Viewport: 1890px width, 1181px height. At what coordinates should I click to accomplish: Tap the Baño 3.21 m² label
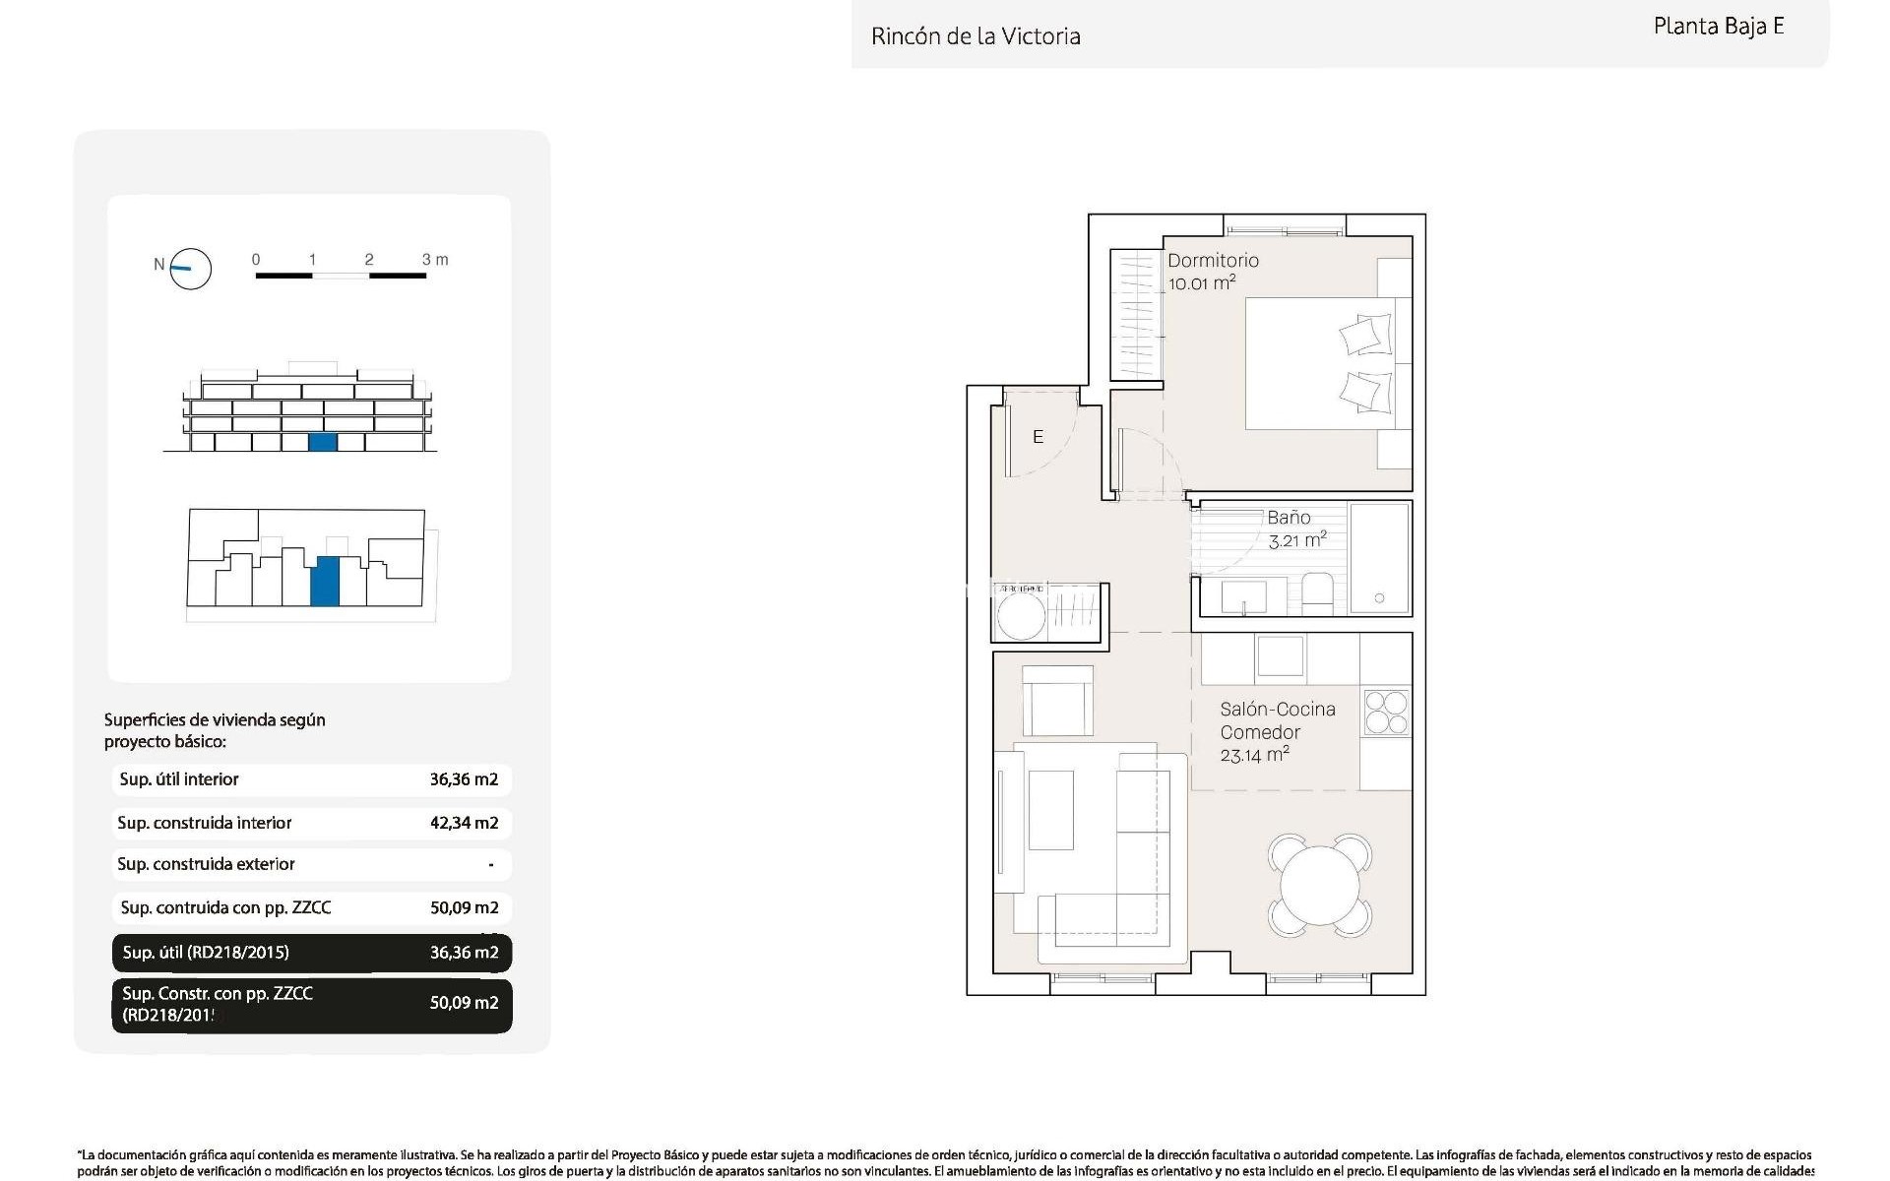tap(1295, 528)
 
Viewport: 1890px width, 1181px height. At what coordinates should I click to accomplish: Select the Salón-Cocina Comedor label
tap(1277, 731)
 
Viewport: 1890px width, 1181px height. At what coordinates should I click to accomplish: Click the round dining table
tap(1320, 885)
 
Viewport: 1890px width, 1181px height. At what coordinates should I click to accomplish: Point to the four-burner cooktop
tap(1386, 713)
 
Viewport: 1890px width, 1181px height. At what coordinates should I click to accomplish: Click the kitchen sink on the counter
tap(1280, 656)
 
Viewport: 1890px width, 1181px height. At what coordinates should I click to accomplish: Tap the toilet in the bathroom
tap(1318, 593)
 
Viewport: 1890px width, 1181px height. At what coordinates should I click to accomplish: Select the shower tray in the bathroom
tap(1379, 558)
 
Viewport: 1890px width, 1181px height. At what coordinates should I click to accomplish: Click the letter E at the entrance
tap(1038, 437)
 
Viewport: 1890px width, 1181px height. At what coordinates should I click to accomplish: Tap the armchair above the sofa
tap(1057, 701)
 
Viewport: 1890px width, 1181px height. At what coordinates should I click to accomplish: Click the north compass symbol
tap(190, 268)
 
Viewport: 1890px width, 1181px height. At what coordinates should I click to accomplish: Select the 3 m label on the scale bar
tap(434, 260)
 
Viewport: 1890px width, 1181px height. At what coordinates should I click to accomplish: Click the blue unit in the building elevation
tap(323, 442)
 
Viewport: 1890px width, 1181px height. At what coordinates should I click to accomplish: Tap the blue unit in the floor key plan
tap(325, 581)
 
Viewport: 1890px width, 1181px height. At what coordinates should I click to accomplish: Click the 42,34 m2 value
tap(464, 823)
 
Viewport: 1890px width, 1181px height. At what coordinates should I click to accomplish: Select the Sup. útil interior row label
tap(179, 779)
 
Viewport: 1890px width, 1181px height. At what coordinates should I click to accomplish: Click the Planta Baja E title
tap(1718, 27)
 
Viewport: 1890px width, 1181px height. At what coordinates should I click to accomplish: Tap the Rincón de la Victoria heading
tap(976, 36)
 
